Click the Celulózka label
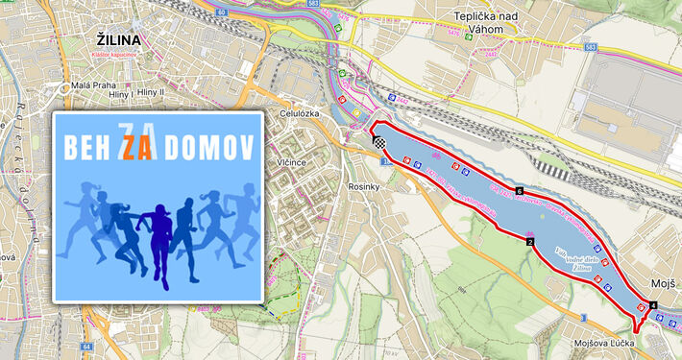pos(298,111)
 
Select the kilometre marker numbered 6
pos(519,192)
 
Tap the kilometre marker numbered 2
pos(529,242)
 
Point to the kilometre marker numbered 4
pos(653,305)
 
